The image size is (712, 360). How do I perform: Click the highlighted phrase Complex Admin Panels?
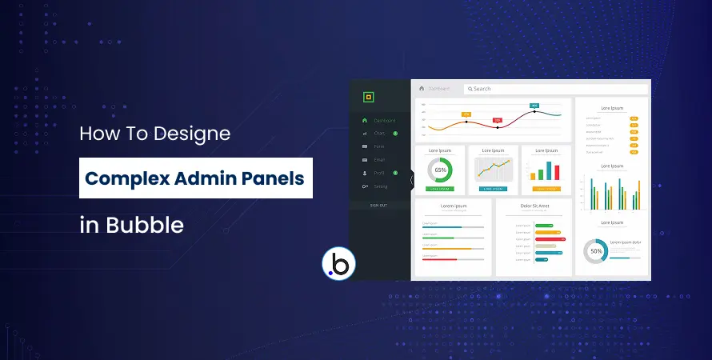point(195,178)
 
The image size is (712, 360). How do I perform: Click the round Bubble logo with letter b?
point(337,266)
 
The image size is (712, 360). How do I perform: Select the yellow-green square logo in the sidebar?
point(368,98)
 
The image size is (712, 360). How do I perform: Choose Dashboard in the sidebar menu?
point(384,120)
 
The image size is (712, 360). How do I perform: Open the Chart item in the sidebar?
point(379,134)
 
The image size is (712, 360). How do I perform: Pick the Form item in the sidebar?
point(378,146)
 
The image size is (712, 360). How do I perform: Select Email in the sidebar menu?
point(379,160)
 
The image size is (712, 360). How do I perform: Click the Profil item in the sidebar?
point(379,173)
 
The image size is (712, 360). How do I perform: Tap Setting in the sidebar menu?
point(380,186)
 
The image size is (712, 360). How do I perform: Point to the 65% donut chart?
point(440,170)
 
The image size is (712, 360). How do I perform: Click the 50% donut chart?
point(596,251)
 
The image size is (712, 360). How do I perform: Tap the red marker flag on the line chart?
point(497,120)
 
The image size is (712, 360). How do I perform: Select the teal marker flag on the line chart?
point(534,106)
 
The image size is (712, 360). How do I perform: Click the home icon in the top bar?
point(422,88)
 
